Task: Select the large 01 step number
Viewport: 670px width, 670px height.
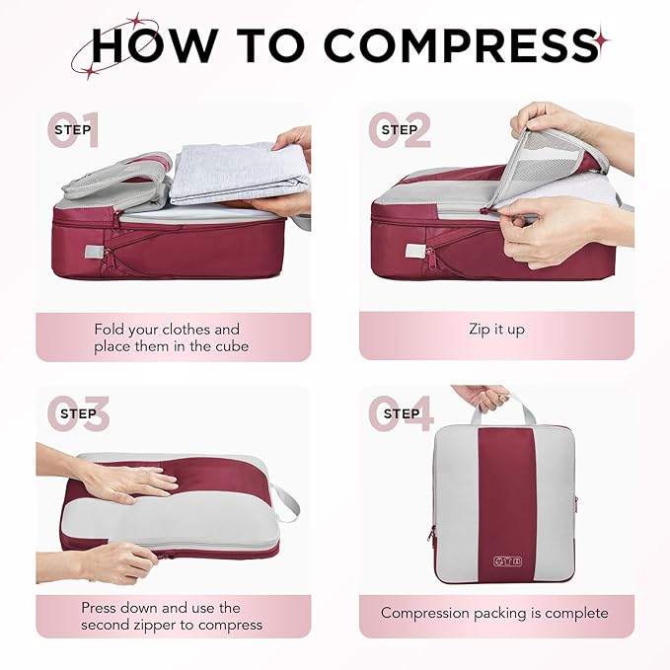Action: click(x=75, y=130)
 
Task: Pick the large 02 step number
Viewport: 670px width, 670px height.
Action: click(x=400, y=130)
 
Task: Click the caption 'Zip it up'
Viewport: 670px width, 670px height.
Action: click(x=496, y=330)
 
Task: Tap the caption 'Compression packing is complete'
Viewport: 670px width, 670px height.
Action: click(x=495, y=613)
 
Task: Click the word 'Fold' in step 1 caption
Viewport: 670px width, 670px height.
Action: click(x=112, y=329)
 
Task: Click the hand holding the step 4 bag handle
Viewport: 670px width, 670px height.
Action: click(x=481, y=396)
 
